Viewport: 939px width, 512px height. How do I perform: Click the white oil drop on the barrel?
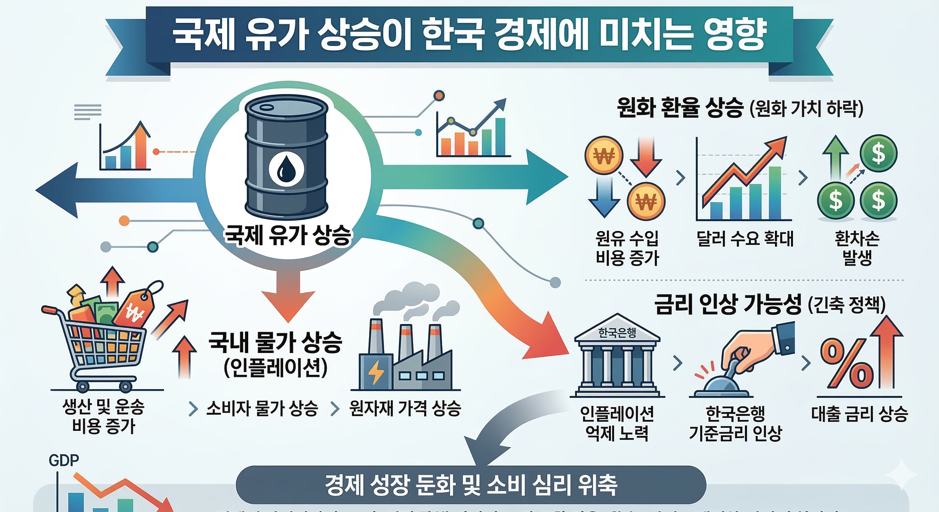(286, 169)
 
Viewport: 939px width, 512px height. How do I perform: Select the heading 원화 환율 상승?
(680, 108)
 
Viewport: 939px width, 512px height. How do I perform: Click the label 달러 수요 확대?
(745, 239)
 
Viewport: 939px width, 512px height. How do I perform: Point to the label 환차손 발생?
(857, 248)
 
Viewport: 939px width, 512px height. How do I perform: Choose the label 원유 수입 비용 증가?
(627, 248)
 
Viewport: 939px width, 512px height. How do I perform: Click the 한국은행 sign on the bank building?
(617, 333)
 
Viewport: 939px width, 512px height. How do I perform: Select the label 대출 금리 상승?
(859, 414)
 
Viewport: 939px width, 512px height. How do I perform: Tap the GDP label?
(64, 461)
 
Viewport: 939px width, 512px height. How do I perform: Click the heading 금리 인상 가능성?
(728, 305)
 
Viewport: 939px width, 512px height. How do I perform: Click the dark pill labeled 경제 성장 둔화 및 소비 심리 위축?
(471, 485)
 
